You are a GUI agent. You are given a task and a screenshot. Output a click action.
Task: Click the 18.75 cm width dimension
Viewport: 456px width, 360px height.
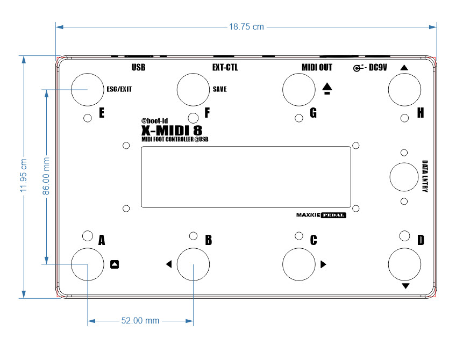point(246,27)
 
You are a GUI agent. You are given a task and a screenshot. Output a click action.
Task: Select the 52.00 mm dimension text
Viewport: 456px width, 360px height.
point(140,320)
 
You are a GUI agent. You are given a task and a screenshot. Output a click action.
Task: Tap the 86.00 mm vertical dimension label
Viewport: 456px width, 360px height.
point(46,176)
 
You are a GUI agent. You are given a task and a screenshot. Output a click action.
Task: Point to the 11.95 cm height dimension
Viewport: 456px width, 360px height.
point(23,175)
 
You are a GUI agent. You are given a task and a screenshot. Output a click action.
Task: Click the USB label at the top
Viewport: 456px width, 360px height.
point(138,67)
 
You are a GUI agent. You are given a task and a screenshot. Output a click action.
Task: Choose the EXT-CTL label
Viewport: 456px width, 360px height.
point(225,67)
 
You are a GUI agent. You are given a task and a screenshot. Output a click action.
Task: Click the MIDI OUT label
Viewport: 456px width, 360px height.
point(317,67)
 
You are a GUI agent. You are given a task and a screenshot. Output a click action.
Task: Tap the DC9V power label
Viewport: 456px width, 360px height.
point(378,67)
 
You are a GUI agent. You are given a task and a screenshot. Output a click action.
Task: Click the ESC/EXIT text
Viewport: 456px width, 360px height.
point(119,89)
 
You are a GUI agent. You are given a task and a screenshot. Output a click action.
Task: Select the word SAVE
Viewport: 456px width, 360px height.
point(220,89)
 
